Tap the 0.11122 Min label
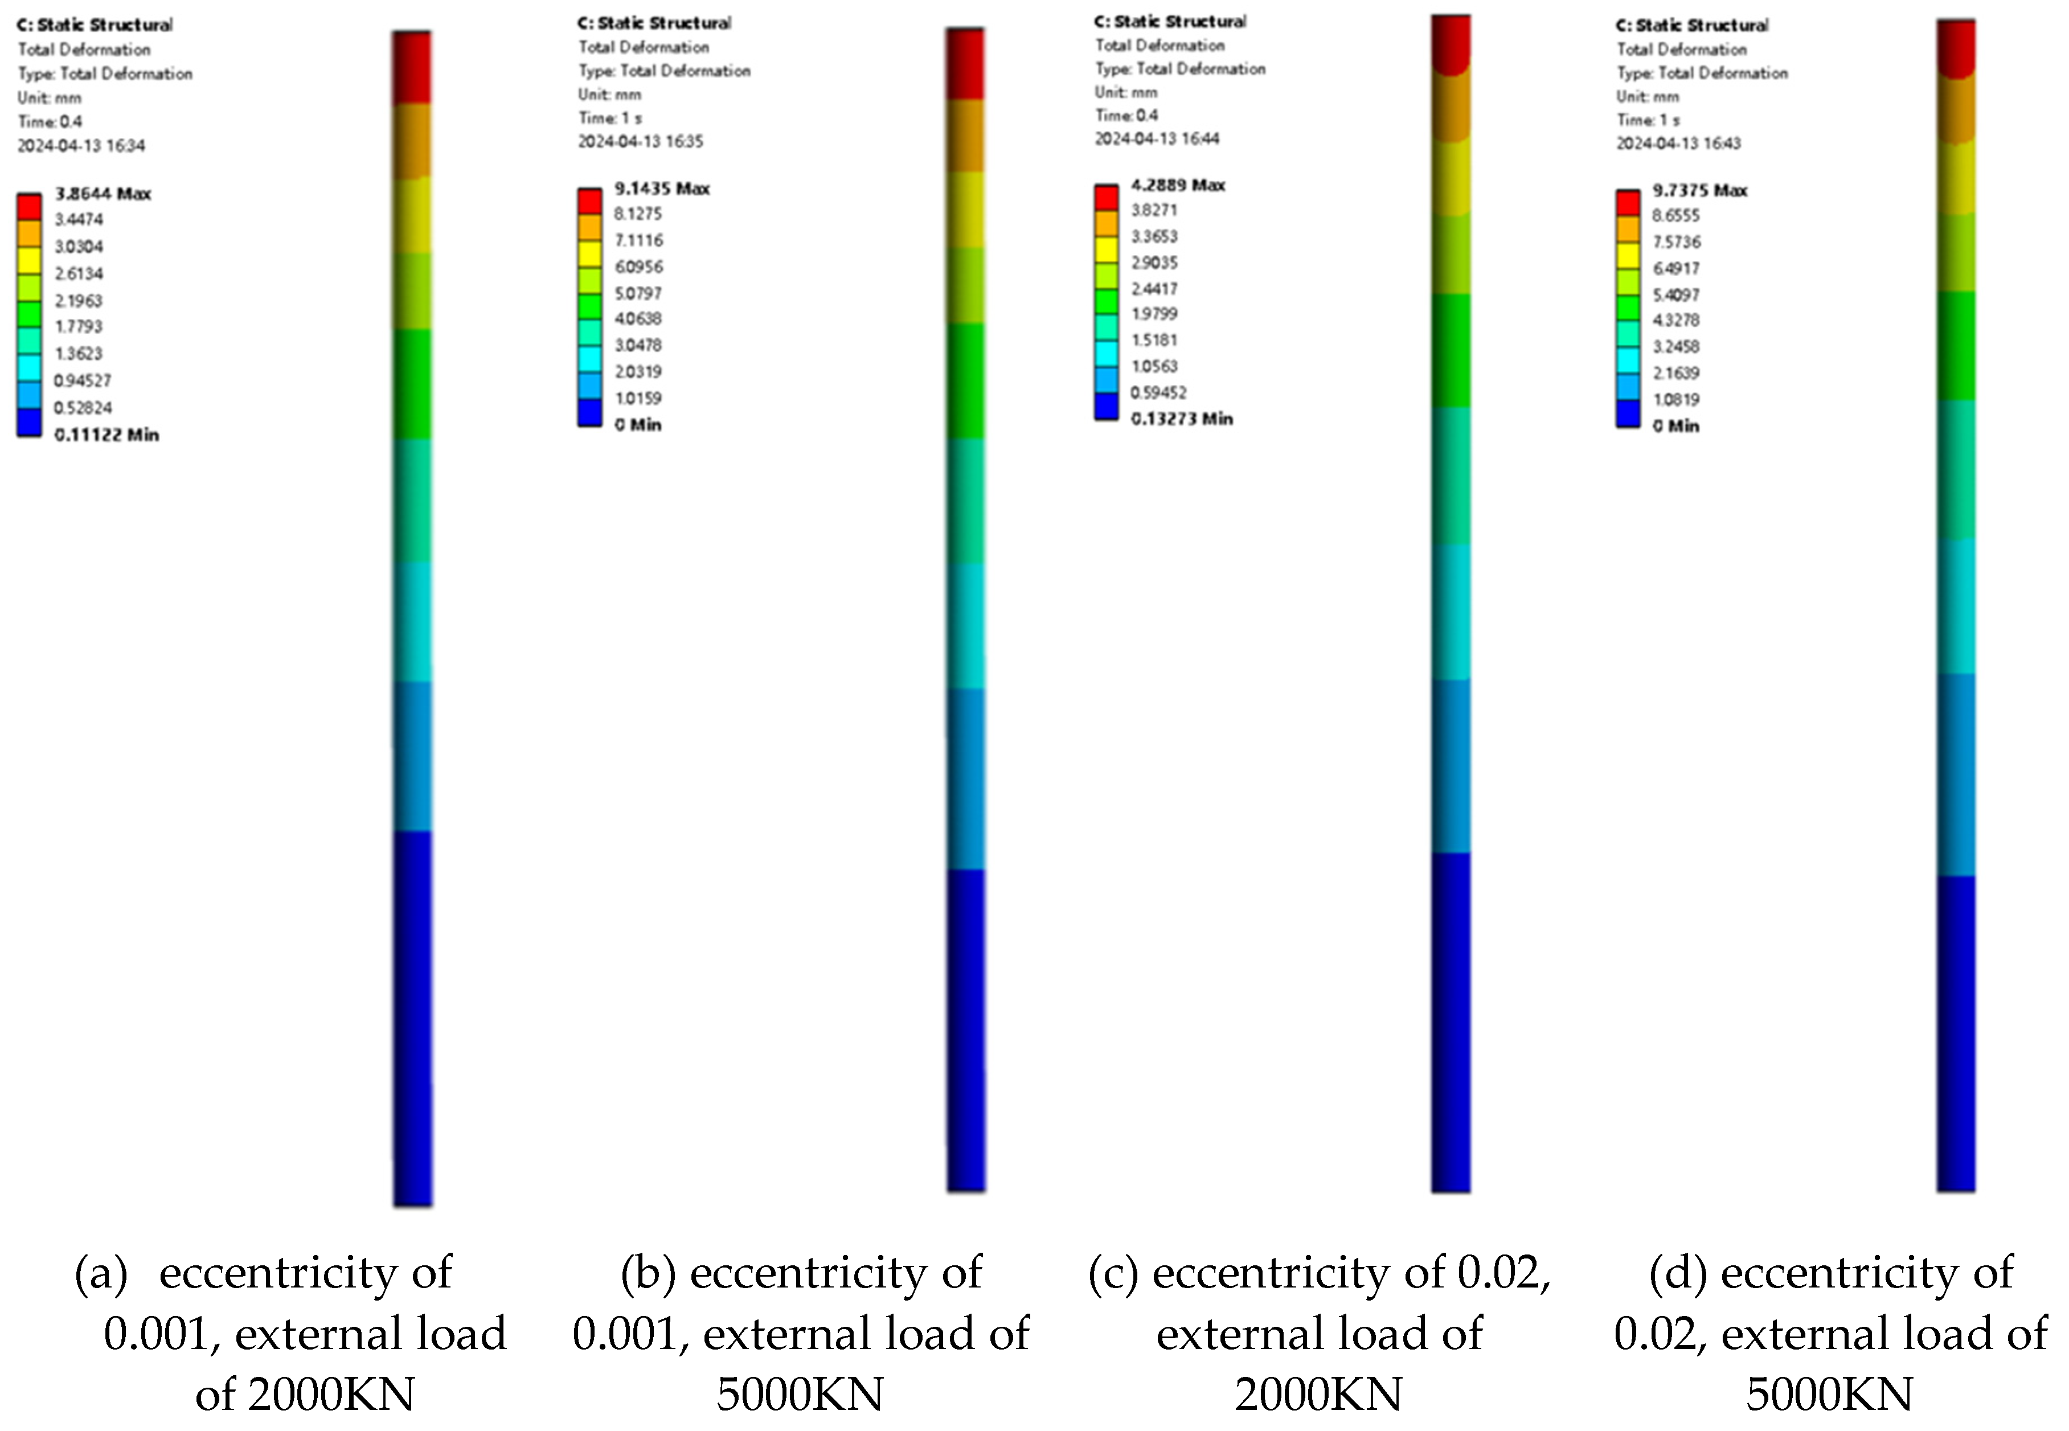[106, 435]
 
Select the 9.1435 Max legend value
[662, 188]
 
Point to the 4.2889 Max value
[1177, 184]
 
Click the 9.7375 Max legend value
[1699, 190]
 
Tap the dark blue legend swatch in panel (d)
[1628, 413]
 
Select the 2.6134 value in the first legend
[79, 273]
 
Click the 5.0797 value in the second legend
[638, 293]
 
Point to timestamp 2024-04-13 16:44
[1157, 138]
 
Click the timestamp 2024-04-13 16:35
[640, 141]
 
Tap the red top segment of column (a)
[412, 67]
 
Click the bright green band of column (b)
[965, 380]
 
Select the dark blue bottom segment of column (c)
[1451, 1022]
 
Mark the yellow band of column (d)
[1956, 178]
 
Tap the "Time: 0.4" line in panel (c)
[1126, 115]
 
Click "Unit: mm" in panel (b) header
[609, 94]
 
